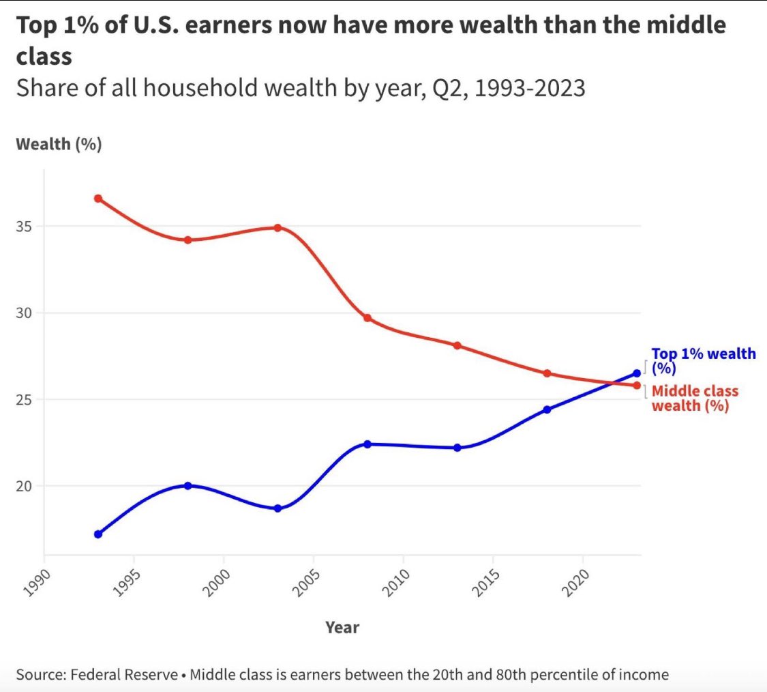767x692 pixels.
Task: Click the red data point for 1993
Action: [98, 199]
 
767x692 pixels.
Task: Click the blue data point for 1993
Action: [98, 534]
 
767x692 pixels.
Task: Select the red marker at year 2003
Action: [277, 227]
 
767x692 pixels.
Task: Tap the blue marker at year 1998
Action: [188, 486]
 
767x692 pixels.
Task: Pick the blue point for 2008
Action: [367, 444]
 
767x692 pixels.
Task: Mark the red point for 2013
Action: [457, 345]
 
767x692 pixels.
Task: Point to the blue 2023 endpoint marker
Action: [637, 373]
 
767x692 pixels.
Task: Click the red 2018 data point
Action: [547, 373]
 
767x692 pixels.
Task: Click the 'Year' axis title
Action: [342, 627]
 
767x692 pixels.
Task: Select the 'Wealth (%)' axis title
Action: [59, 145]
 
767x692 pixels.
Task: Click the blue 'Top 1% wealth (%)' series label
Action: [702, 360]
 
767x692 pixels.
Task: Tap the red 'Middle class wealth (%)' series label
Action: [694, 399]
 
